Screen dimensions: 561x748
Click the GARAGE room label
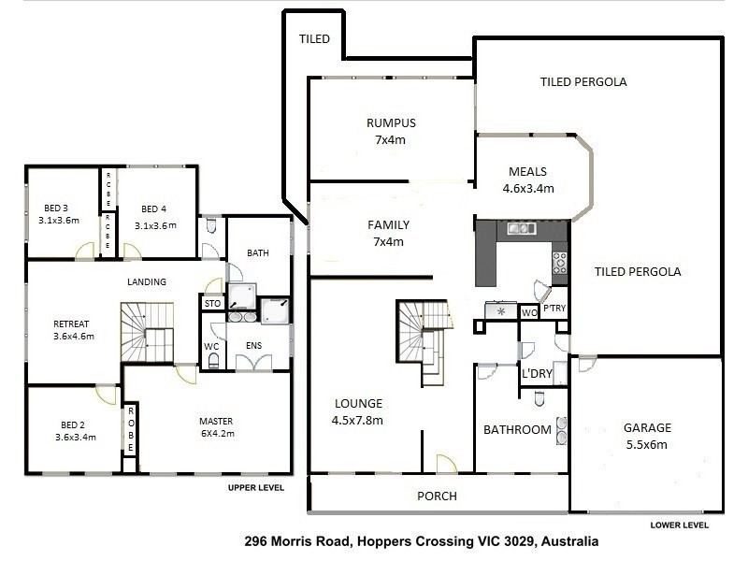[x=646, y=428]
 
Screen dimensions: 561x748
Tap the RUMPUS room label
[x=391, y=123]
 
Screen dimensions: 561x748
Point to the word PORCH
[x=437, y=496]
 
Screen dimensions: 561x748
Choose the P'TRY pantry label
[x=555, y=311]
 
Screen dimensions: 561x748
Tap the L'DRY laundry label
[x=538, y=374]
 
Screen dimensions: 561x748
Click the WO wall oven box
[x=528, y=311]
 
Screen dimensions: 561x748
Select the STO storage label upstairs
[x=211, y=303]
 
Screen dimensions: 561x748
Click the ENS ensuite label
[x=253, y=345]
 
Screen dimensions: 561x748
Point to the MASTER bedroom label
[x=215, y=421]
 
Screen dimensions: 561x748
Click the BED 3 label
[x=56, y=208]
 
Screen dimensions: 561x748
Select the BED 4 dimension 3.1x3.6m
[x=155, y=225]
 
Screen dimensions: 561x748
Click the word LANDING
[x=147, y=281]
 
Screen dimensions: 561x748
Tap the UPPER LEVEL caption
[x=256, y=488]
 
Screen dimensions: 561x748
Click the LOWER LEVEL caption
[x=679, y=525]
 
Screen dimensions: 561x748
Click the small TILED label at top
[x=313, y=40]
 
